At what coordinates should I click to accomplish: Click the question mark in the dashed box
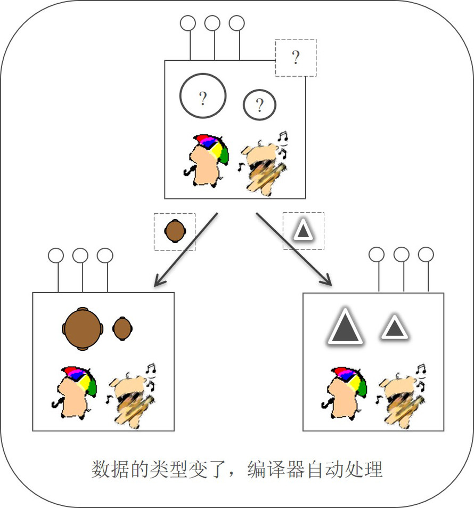[x=296, y=58]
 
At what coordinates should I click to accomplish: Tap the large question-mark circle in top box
[x=203, y=96]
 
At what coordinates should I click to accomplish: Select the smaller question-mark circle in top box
[x=259, y=105]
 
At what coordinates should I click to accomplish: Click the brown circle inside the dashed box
[x=175, y=231]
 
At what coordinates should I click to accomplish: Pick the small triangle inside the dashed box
[x=303, y=231]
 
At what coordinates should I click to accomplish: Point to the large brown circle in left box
[x=82, y=328]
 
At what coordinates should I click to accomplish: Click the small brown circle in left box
[x=122, y=328]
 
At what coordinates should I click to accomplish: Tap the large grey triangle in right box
[x=345, y=326]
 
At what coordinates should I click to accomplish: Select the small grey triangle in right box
[x=394, y=327]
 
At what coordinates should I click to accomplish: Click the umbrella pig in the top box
[x=208, y=160]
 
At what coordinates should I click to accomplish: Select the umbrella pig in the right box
[x=345, y=392]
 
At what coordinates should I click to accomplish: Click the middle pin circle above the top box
[x=212, y=23]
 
